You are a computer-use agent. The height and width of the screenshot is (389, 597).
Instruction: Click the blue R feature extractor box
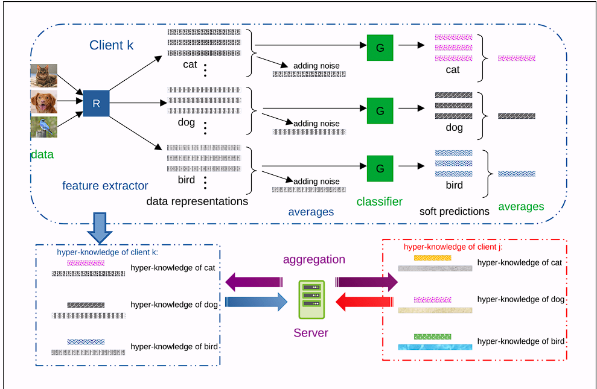(x=96, y=104)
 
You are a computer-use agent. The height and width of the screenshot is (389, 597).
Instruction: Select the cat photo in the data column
(x=44, y=76)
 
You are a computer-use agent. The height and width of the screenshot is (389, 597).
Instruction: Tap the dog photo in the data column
(x=44, y=103)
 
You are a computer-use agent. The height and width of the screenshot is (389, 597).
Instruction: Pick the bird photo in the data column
(x=44, y=127)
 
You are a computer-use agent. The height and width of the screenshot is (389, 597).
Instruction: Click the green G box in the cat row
(x=380, y=48)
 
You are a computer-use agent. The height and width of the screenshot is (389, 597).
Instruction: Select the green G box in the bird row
(x=380, y=169)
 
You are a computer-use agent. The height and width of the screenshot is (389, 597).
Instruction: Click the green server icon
(x=311, y=300)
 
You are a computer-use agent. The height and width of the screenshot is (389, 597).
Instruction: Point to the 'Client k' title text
(x=111, y=45)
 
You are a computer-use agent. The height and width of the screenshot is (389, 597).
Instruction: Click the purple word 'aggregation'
(x=314, y=259)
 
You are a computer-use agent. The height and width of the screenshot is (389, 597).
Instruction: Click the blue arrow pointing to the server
(x=256, y=301)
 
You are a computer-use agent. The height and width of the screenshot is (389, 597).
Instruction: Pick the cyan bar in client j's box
(x=435, y=347)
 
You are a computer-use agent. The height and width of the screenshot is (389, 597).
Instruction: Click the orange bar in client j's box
(x=432, y=258)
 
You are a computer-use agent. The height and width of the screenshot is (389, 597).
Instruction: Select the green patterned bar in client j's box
(x=432, y=337)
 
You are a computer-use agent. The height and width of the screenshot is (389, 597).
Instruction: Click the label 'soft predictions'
(x=455, y=212)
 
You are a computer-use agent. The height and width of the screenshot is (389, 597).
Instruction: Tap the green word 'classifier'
(x=379, y=201)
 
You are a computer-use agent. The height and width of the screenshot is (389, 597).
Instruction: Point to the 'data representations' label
(x=197, y=201)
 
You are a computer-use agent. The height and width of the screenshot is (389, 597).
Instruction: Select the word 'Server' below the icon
(x=311, y=333)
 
